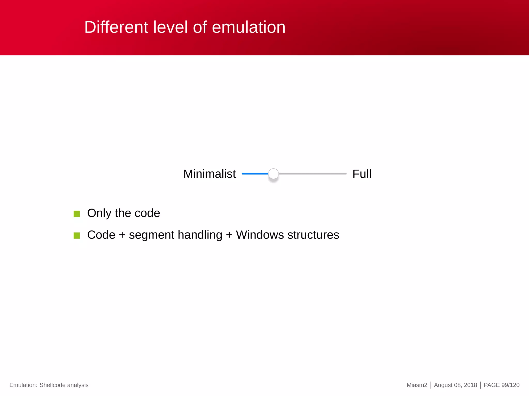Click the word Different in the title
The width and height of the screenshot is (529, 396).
pos(116,27)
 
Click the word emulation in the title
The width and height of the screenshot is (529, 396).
pos(248,27)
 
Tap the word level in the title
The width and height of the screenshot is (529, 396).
pos(170,27)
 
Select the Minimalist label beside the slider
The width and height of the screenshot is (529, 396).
pos(209,174)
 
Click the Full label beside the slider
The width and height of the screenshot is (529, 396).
pos(362,174)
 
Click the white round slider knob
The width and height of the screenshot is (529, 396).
pos(273,174)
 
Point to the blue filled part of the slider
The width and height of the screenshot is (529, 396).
pos(255,174)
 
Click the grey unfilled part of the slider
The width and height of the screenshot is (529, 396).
pos(313,174)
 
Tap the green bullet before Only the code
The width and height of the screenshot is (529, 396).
pos(77,214)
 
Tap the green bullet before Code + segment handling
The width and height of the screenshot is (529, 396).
pos(77,235)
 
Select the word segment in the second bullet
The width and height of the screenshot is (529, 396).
pos(152,235)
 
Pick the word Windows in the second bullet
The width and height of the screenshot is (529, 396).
pos(260,235)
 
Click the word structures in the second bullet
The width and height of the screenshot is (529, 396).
pos(313,235)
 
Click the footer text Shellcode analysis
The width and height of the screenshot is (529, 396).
pos(64,385)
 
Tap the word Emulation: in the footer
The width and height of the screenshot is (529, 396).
pos(23,385)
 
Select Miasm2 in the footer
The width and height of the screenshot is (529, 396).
pos(417,385)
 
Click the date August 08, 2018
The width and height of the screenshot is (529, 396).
pos(455,385)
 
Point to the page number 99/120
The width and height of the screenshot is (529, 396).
pos(510,385)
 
